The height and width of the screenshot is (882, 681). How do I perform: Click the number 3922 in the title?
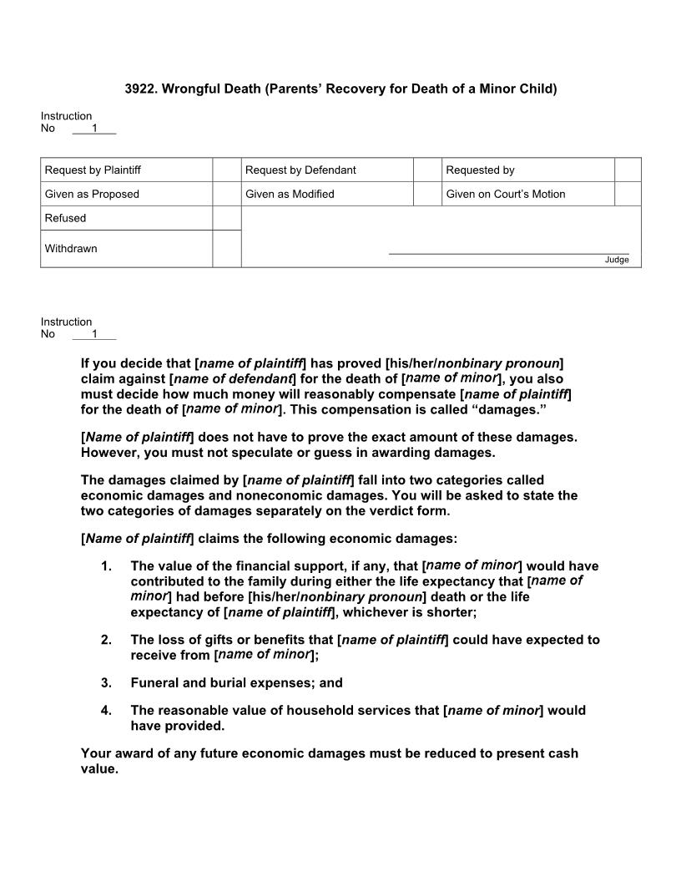(x=140, y=89)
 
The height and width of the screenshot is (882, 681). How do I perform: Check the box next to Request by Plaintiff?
(x=226, y=170)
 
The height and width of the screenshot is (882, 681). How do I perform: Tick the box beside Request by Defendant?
(x=426, y=170)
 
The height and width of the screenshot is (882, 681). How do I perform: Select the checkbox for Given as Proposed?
(x=226, y=194)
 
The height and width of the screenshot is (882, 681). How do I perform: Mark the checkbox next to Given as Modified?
(x=426, y=194)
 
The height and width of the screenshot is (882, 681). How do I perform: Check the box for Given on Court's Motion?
(x=628, y=194)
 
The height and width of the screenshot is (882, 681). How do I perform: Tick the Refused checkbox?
(x=226, y=218)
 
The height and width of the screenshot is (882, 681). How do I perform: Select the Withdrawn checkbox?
(x=226, y=249)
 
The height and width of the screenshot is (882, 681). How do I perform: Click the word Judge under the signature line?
(x=617, y=260)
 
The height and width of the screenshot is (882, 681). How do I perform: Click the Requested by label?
(x=480, y=170)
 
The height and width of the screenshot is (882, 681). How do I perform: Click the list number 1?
(x=106, y=566)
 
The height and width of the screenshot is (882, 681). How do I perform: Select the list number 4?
(x=106, y=711)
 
